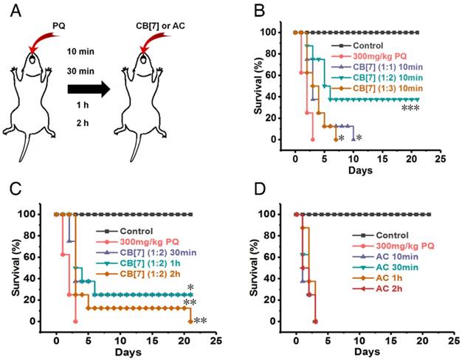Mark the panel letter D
(x=251, y=190)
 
